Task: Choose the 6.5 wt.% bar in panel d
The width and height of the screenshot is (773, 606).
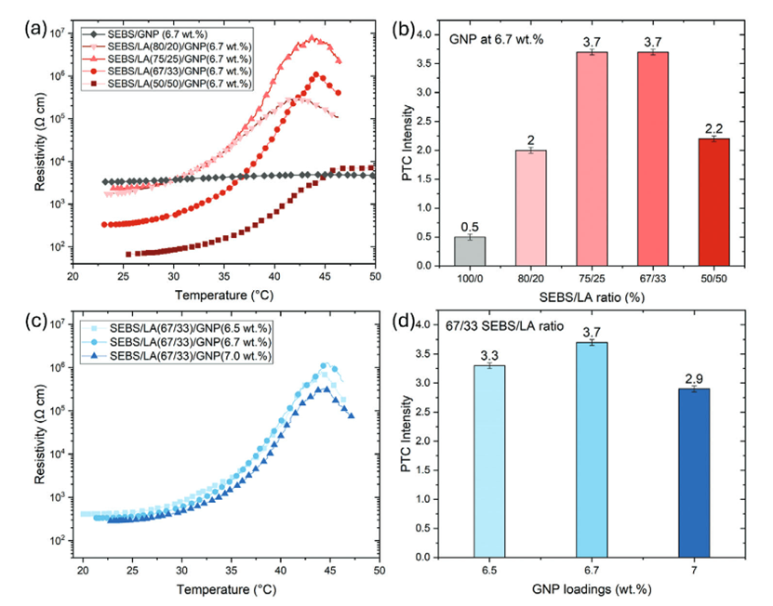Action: point(476,461)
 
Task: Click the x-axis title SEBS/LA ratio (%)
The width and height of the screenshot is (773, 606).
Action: point(592,295)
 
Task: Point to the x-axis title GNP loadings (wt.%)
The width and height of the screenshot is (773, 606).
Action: point(592,588)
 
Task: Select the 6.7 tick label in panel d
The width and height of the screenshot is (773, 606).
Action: point(592,569)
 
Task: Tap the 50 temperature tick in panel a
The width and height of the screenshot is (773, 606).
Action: point(375,277)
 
